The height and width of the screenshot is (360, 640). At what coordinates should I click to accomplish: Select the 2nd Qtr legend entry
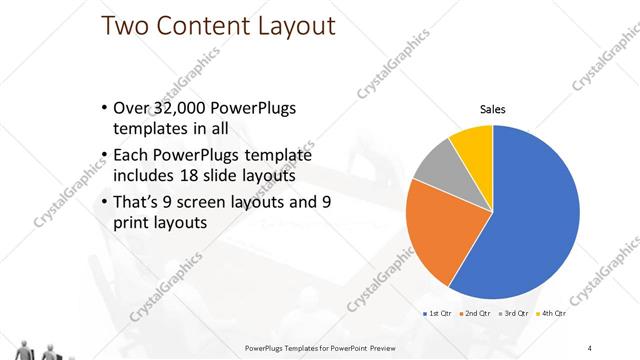click(474, 314)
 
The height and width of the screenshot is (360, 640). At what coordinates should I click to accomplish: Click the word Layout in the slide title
click(290, 26)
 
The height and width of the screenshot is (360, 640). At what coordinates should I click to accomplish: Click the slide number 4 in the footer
click(590, 348)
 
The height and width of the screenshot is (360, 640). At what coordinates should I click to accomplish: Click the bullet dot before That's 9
click(106, 203)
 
